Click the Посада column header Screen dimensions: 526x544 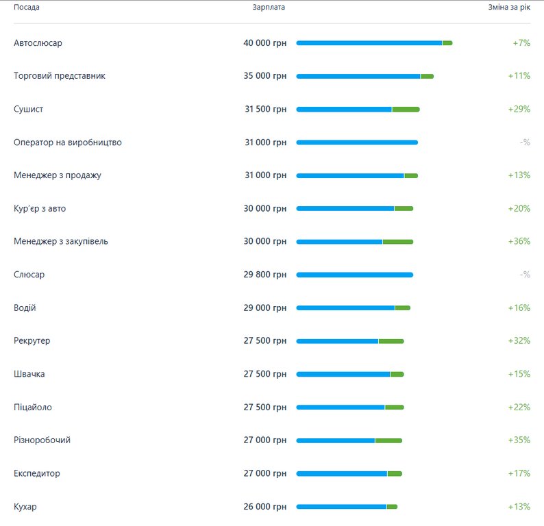pos(27,8)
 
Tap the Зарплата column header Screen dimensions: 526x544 pos(269,8)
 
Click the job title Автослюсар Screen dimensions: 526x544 pos(38,43)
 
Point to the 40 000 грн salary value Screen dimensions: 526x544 pos(264,43)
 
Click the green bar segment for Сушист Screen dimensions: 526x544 pos(406,110)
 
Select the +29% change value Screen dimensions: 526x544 pos(519,110)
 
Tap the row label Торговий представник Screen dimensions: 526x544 pos(60,76)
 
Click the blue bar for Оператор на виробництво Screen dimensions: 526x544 pos(356,142)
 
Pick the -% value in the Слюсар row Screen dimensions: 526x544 pos(525,275)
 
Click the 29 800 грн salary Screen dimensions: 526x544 pos(264,275)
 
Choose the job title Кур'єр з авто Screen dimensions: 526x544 pos(40,209)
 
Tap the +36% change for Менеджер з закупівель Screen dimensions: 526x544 pos(519,242)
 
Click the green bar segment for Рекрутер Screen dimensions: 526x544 pos(391,341)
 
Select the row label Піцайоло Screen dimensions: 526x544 pos(33,408)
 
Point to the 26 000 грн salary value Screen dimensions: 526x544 pos(264,507)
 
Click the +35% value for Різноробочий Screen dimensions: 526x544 pos(519,440)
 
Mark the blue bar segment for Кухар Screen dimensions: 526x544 pos(341,507)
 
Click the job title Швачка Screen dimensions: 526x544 pos(29,374)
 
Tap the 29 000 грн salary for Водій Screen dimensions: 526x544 pos(264,308)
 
